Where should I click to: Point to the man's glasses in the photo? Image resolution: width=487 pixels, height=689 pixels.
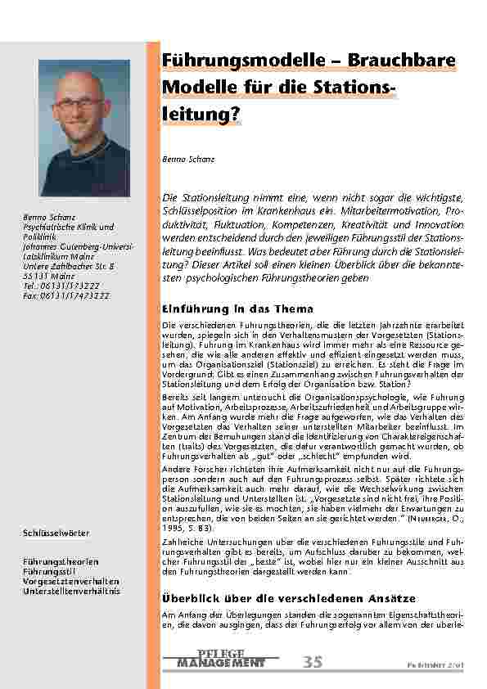[83, 102]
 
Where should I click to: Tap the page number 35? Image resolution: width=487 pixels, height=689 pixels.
[313, 662]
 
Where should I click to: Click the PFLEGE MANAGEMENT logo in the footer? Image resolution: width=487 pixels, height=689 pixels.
[220, 659]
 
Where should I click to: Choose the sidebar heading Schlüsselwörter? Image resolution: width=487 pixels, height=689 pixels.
[56, 534]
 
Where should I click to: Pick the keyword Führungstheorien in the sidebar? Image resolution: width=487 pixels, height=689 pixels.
[61, 562]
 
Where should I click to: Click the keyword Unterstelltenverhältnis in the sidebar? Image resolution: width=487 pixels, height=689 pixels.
[71, 589]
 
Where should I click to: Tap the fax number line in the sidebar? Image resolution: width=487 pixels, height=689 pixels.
[62, 294]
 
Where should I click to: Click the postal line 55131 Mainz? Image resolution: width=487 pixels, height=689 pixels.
[52, 276]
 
